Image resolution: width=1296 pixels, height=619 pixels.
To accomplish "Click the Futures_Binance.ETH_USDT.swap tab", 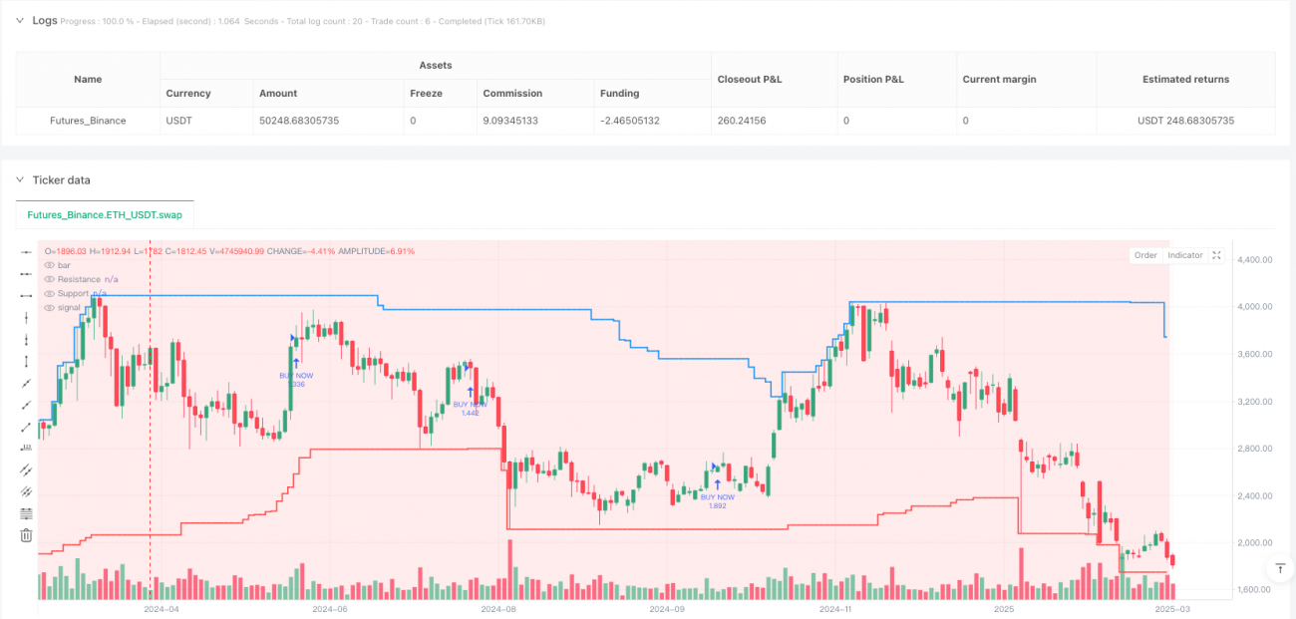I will [105, 214].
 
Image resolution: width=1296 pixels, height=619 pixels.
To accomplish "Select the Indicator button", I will [1184, 255].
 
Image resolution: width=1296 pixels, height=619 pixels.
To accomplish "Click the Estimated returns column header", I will [1185, 79].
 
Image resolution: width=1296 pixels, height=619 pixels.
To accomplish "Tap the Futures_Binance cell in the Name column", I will [88, 121].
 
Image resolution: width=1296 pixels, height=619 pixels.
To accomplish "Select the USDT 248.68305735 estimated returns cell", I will [1185, 121].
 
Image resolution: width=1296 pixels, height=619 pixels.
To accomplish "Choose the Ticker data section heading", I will [62, 179].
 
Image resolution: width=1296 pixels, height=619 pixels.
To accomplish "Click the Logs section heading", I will [45, 20].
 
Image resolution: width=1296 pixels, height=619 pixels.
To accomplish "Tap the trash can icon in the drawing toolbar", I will [26, 535].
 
